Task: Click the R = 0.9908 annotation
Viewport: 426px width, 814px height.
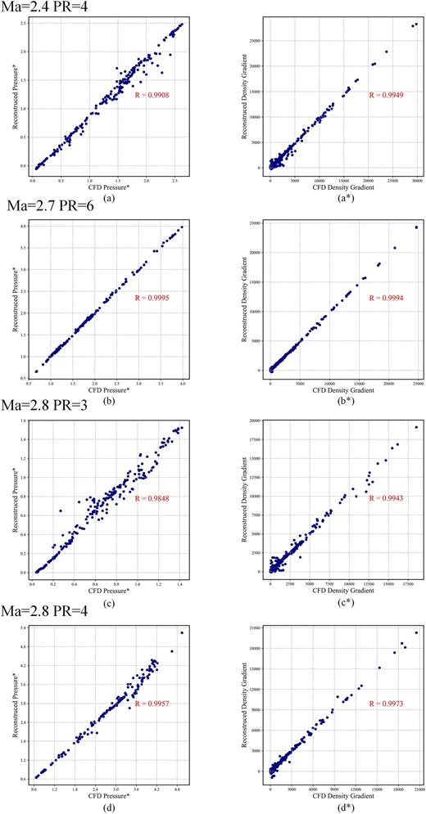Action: click(x=151, y=95)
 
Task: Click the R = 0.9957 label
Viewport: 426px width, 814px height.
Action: click(x=151, y=703)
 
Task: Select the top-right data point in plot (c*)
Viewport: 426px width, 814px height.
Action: click(x=416, y=427)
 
